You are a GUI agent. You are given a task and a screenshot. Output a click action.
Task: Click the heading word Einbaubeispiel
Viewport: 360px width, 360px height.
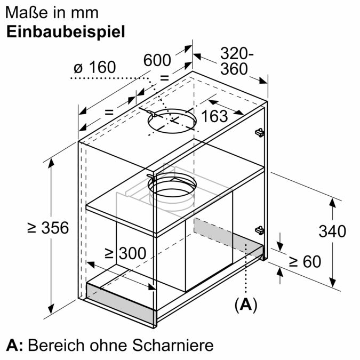[x=66, y=32]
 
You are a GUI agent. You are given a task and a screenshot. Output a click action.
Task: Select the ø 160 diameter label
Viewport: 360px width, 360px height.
[x=95, y=68]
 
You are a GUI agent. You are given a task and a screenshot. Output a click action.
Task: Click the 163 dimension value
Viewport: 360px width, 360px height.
[x=215, y=116]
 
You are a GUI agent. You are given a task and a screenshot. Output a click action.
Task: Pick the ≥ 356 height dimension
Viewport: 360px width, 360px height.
[x=48, y=228]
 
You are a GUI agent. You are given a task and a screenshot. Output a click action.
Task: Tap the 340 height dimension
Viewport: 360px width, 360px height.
[x=332, y=231]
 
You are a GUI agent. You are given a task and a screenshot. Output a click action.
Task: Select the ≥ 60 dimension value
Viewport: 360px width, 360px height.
[x=305, y=262]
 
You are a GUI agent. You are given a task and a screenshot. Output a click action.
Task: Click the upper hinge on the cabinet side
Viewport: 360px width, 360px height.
[x=260, y=131]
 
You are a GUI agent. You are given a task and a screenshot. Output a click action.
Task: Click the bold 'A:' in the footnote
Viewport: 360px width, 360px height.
[x=14, y=344]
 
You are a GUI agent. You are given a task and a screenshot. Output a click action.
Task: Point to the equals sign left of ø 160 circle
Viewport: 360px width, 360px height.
[x=109, y=113]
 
